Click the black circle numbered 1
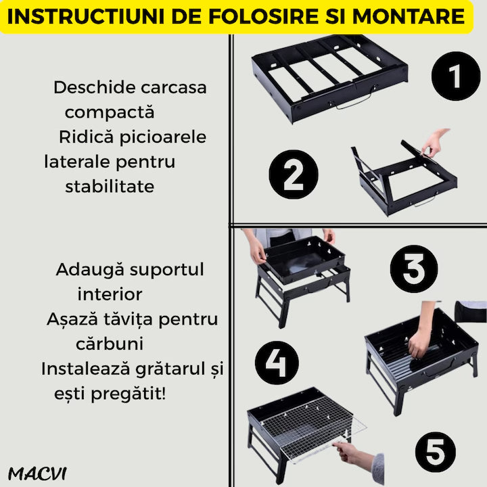tap(456, 76)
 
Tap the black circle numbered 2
tap(294, 175)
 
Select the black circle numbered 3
tap(414, 269)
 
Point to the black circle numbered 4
tap(277, 363)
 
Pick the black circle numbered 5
tap(436, 452)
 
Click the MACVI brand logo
tap(37, 473)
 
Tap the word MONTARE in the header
tap(409, 16)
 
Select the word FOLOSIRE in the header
tap(264, 16)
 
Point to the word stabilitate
tap(110, 187)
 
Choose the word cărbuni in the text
tap(110, 344)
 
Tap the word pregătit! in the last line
tap(129, 394)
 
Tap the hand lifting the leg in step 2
tap(434, 143)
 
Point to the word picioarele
tap(163, 137)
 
